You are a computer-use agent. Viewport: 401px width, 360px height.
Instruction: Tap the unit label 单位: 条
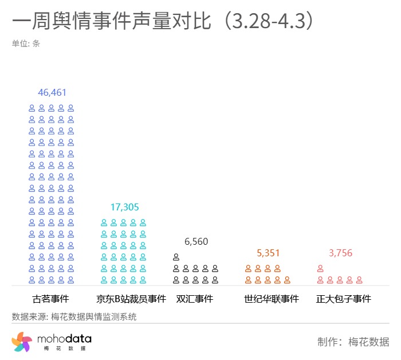[x=26, y=44]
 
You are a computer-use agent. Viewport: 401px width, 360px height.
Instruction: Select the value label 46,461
[x=52, y=92]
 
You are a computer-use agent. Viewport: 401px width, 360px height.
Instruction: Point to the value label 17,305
[x=124, y=207]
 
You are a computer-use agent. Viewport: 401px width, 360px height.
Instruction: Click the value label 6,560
[x=196, y=241]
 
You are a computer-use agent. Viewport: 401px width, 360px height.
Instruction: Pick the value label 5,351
[x=269, y=253]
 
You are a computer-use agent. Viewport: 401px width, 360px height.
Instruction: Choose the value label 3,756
[x=340, y=253]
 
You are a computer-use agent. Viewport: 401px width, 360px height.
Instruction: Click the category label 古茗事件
[x=50, y=299]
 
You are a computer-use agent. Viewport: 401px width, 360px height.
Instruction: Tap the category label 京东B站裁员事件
[x=131, y=299]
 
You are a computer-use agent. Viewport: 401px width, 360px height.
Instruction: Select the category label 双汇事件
[x=194, y=299]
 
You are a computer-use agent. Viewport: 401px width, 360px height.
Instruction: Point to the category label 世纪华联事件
[x=272, y=299]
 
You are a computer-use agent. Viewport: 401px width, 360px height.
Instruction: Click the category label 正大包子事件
[x=344, y=299]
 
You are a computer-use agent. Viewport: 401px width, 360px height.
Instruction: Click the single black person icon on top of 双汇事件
[x=176, y=257]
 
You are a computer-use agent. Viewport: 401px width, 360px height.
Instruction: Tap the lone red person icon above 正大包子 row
[x=320, y=268]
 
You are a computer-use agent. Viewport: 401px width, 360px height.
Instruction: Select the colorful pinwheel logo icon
[x=22, y=342]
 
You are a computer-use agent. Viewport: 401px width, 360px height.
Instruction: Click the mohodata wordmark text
[x=64, y=339]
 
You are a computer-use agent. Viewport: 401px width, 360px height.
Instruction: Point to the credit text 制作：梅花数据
[x=353, y=342]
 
